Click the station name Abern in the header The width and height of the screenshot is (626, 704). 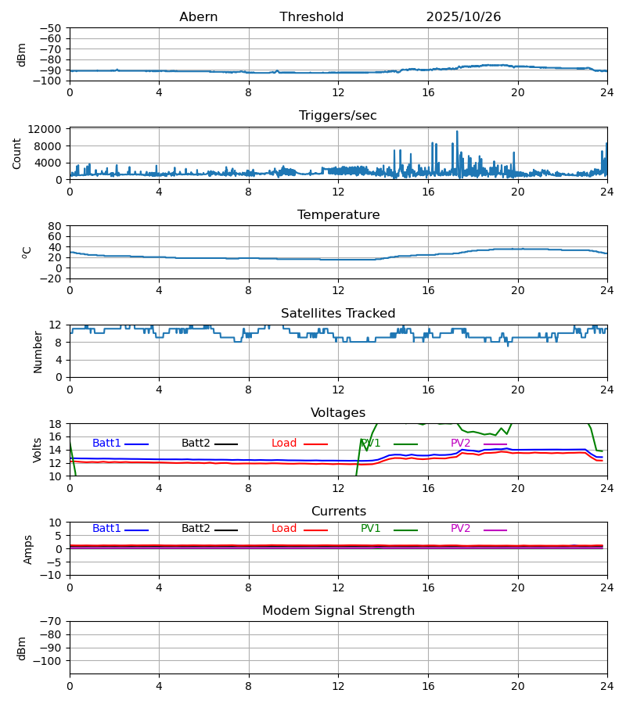198,17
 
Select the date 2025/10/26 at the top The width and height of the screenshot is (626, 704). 463,17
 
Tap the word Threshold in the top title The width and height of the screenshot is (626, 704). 311,17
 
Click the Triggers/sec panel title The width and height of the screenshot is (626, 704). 338,116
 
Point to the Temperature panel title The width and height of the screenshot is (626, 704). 338,215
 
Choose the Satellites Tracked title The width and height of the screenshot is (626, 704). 338,314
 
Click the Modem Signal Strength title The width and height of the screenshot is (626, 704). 338,611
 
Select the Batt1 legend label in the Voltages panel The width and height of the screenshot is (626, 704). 106,444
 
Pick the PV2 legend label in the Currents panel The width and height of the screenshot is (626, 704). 460,529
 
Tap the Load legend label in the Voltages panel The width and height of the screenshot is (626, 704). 284,444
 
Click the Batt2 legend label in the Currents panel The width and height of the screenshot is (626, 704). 196,529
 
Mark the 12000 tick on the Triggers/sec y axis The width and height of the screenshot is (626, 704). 49,129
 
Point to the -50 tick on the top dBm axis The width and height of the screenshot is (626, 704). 54,28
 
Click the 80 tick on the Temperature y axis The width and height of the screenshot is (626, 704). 56,226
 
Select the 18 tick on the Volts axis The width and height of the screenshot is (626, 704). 56,424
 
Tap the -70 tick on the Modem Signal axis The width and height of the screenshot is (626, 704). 54,621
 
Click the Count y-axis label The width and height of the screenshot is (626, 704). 17,153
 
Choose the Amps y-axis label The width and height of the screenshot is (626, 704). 28,549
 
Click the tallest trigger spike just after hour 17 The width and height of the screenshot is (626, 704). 457,132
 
